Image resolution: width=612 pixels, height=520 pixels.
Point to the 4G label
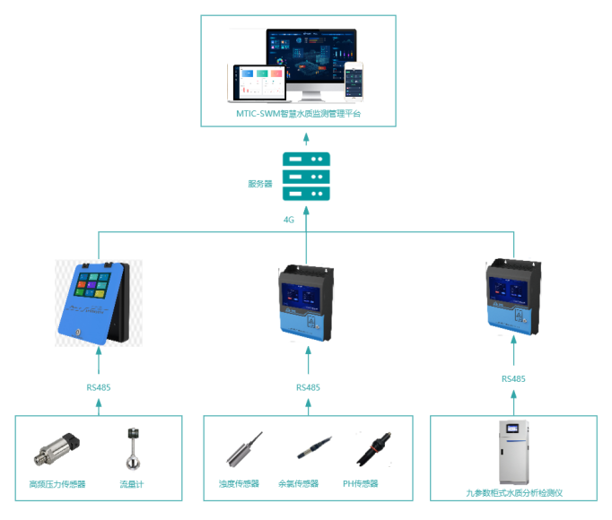coord(289,218)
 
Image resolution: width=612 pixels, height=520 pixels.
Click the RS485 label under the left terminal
coord(99,387)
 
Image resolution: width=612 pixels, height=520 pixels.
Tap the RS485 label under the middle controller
coord(307,387)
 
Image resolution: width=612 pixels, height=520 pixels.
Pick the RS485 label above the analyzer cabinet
coord(513,379)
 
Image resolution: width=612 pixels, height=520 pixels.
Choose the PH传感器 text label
coord(361,483)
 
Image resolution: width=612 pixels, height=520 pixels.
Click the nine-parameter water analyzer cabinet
coord(513,452)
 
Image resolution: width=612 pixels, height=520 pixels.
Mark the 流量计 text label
coord(132,484)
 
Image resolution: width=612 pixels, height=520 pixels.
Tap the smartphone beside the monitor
coord(354,80)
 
